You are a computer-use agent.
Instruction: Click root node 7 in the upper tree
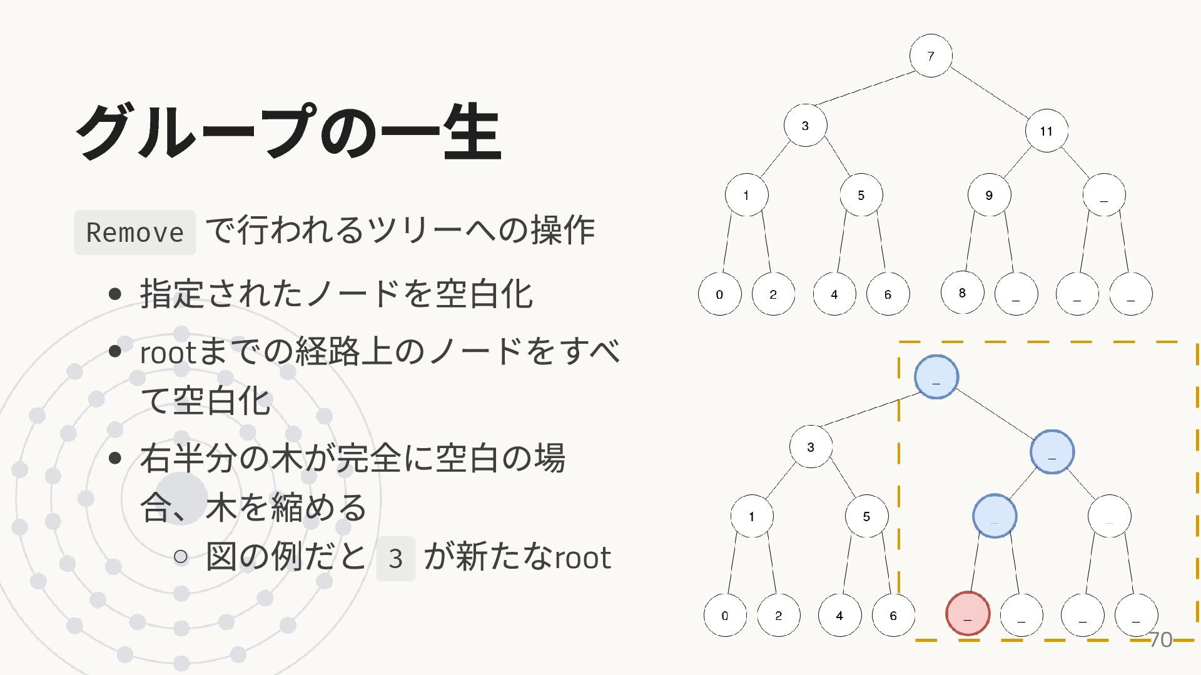pos(931,56)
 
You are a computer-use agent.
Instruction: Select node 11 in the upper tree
pos(1046,131)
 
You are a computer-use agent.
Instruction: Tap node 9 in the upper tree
pos(989,195)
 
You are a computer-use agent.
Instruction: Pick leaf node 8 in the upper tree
pos(962,292)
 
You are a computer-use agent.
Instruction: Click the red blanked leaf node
pos(968,614)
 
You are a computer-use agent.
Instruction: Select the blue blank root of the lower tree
pos(936,377)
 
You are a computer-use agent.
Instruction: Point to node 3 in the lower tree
pos(811,446)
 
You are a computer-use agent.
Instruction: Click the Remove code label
pos(135,232)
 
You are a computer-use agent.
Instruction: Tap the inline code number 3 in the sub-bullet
pos(395,558)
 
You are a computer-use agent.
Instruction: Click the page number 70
pos(1161,639)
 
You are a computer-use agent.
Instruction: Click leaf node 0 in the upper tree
pos(719,294)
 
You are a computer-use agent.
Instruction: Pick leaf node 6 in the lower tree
pos(893,615)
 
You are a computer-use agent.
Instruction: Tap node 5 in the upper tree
pos(861,195)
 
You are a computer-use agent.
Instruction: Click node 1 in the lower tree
pos(752,516)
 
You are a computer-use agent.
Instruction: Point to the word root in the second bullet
pos(168,352)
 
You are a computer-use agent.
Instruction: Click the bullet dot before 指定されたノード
pos(114,294)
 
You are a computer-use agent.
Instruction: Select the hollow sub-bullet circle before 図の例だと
pos(181,556)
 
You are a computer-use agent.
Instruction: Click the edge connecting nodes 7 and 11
pos(988,93)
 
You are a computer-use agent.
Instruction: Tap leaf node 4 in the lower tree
pos(839,615)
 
